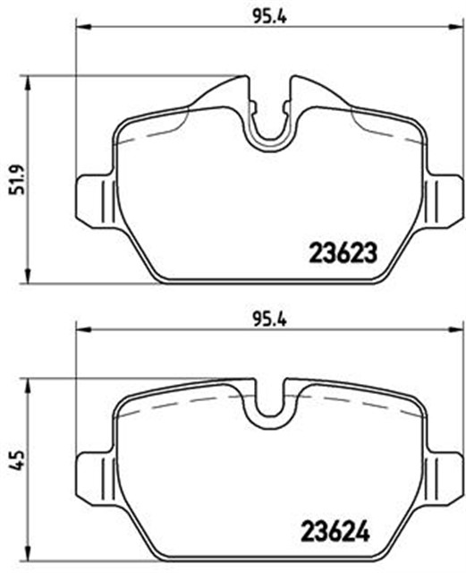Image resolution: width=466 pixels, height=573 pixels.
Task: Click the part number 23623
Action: click(343, 252)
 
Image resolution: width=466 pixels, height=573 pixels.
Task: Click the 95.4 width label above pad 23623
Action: click(270, 16)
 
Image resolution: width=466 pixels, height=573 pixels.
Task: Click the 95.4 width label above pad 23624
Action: click(270, 320)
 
